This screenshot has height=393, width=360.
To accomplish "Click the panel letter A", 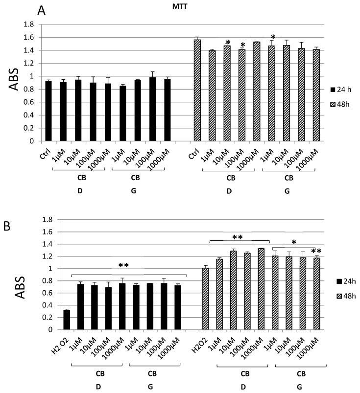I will coord(43,11).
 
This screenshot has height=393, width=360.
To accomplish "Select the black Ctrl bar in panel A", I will coord(48,111).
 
